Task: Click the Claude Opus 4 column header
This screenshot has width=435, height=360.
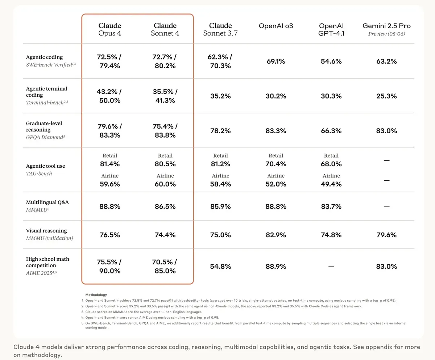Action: pos(109,29)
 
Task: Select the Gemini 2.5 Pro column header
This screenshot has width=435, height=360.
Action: pos(386,29)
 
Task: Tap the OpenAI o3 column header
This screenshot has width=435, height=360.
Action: pos(276,26)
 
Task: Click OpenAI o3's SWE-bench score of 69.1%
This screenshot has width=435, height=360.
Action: pos(276,61)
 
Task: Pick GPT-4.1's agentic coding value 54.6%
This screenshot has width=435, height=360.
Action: pos(331,61)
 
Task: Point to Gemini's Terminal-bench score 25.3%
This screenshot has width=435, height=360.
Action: pos(386,96)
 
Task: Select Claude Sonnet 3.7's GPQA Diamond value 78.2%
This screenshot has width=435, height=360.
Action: pos(220,131)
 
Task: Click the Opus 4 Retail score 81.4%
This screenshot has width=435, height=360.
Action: pos(110,164)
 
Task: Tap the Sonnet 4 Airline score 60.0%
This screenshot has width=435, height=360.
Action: pos(165,184)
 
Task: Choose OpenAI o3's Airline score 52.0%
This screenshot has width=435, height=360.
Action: pos(276,184)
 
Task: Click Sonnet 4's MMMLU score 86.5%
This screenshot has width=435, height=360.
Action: pos(165,206)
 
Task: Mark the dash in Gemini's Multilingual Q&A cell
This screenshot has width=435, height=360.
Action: pos(386,207)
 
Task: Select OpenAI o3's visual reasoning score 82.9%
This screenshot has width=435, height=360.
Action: pos(276,235)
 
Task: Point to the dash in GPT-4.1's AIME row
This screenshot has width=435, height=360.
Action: pos(331,267)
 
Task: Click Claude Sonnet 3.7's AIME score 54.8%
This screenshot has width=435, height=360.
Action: pos(220,266)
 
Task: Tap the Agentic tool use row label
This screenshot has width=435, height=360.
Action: pos(45,166)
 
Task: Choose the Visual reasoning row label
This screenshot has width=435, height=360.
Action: pos(46,231)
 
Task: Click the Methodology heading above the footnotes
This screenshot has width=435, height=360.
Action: pos(96,294)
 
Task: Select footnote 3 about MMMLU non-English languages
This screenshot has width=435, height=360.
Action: pos(142,312)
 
